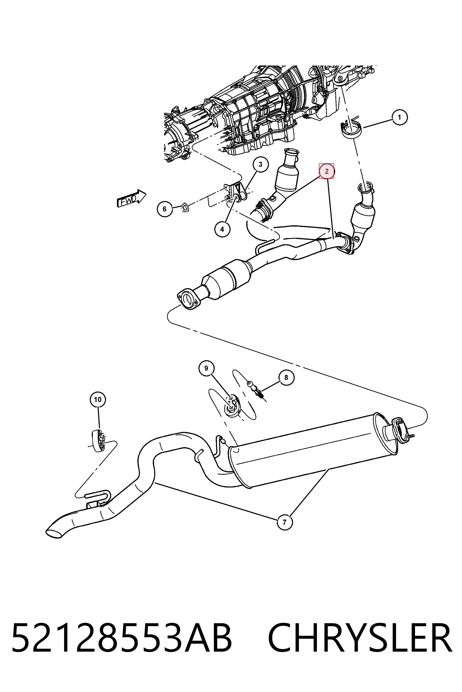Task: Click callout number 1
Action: coord(399,117)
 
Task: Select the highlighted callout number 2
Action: coord(326,171)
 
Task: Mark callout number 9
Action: coord(206,368)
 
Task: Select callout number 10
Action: coord(98,399)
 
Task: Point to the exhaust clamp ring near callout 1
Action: coord(351,130)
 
